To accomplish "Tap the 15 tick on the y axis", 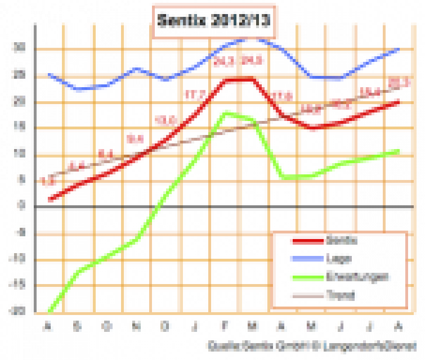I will [20, 128].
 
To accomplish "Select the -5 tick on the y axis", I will [19, 233].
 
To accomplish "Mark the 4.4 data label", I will [77, 165].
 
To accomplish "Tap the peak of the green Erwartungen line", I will [226, 113].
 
